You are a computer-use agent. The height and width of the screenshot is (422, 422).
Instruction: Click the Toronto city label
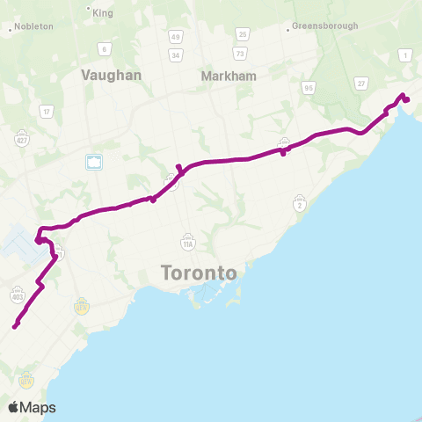(199, 273)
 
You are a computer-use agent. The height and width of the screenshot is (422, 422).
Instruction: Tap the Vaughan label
(111, 76)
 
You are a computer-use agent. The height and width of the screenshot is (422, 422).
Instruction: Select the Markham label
(229, 76)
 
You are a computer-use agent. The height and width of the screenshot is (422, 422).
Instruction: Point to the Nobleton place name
(33, 26)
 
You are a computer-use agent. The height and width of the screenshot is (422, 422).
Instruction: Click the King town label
(102, 14)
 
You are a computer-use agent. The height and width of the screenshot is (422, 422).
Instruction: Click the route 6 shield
(104, 48)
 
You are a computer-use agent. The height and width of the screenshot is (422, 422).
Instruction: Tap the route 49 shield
(176, 37)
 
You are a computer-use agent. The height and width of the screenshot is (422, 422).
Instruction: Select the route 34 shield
(176, 55)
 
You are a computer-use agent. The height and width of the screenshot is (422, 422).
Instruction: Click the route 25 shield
(242, 34)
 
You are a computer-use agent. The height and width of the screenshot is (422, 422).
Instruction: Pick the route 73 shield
(242, 55)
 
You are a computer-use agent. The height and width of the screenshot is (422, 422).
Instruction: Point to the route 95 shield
(308, 87)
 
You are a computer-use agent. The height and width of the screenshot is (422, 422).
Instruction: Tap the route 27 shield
(360, 82)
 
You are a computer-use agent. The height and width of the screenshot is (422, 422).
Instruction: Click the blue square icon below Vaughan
(94, 162)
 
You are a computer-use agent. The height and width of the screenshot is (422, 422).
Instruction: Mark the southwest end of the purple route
(15, 327)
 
